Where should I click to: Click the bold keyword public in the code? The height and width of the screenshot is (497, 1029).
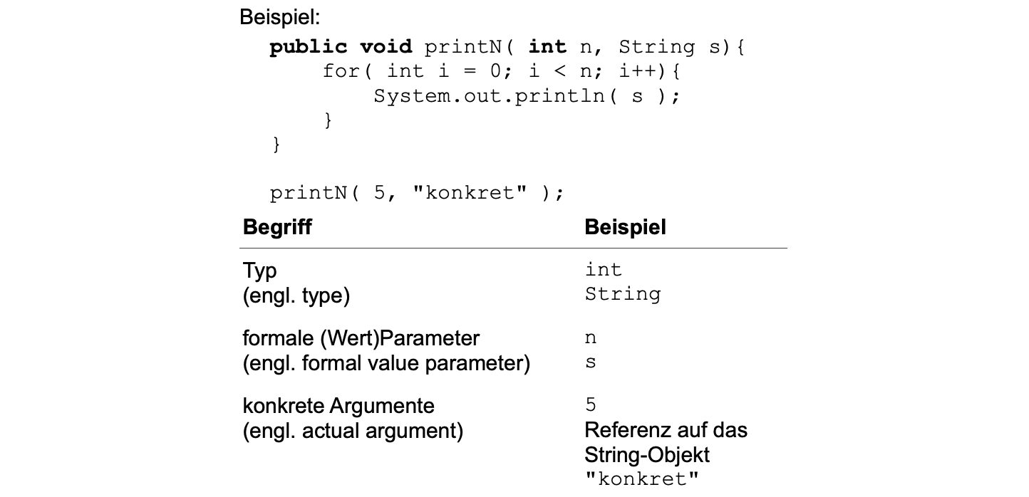(x=308, y=47)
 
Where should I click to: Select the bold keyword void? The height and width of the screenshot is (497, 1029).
(x=386, y=47)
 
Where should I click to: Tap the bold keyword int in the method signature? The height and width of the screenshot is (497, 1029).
(x=547, y=47)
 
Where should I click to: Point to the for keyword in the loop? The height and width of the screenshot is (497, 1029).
(x=341, y=71)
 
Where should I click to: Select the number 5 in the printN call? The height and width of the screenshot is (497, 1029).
(x=380, y=193)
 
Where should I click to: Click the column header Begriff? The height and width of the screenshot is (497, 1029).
(x=277, y=227)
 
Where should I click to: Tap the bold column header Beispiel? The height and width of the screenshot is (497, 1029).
(x=625, y=227)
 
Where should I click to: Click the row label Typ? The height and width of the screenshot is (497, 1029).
(x=259, y=271)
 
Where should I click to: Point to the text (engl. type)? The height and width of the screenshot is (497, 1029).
(x=296, y=295)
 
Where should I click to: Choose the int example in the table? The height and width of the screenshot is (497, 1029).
(x=604, y=270)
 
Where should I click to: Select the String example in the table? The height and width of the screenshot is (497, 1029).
(x=623, y=294)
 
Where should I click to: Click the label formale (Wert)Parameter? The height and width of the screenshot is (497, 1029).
(x=361, y=338)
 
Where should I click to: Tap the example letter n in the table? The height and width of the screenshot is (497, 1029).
(x=591, y=338)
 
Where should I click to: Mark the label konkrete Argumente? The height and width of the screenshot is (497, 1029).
(x=338, y=406)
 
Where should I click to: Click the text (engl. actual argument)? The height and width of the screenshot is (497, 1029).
(x=353, y=430)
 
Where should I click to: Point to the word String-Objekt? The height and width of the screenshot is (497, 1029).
(x=647, y=454)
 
